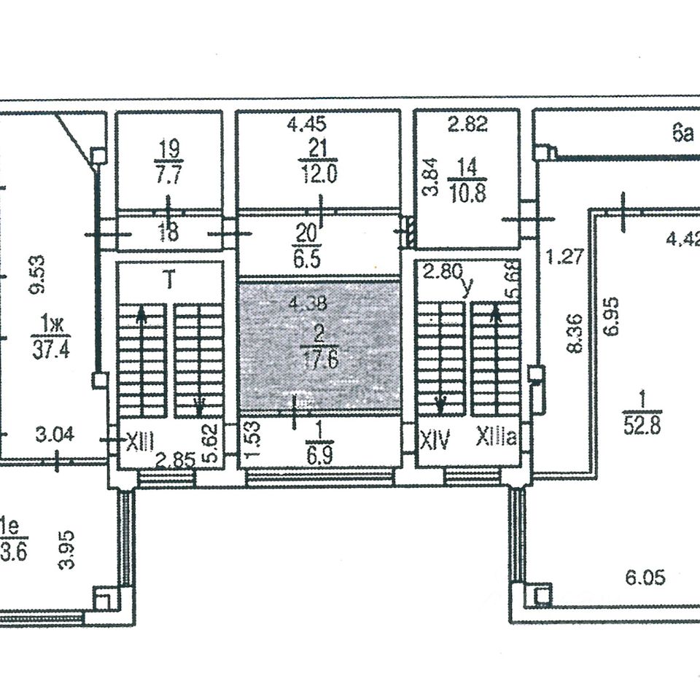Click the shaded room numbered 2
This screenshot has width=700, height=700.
coord(319,346)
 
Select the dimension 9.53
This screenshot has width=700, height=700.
coord(39,273)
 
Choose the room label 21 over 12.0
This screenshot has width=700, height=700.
coord(318,162)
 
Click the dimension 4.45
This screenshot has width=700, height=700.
coord(306,125)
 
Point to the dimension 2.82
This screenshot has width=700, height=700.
coord(467,125)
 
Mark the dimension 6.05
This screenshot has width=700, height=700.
coord(645,578)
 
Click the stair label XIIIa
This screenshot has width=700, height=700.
coord(497,438)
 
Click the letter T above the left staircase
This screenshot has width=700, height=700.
coord(168,280)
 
